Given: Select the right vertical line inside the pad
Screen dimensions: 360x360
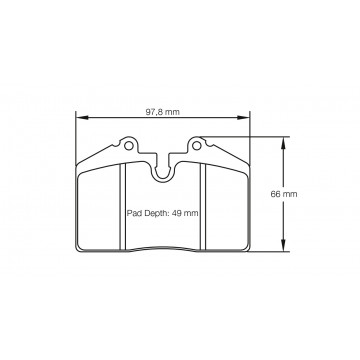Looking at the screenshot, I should point(204,210).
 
